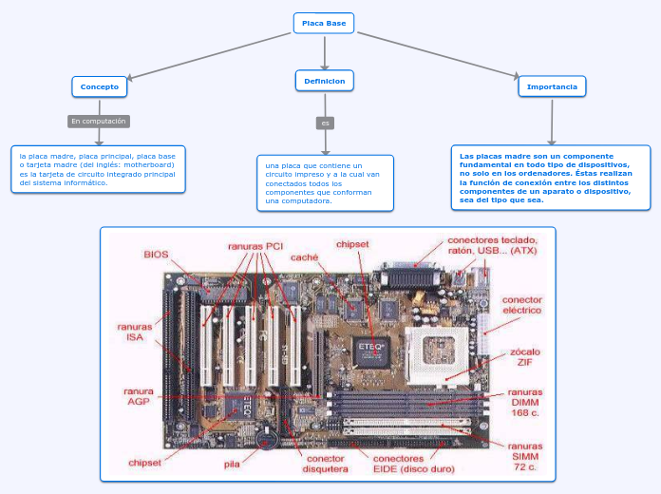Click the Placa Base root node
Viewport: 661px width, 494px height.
point(323,23)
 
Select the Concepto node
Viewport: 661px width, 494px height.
point(99,86)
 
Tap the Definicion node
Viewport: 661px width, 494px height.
point(325,81)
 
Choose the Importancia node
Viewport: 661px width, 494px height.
point(552,86)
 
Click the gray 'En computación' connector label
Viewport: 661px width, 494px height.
point(98,122)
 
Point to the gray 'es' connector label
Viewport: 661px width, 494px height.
point(325,123)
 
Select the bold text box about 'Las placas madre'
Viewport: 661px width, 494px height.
point(550,178)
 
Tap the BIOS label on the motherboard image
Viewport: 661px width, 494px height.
point(156,254)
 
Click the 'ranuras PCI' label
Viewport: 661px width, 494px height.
point(255,246)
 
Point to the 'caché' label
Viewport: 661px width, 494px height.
point(304,256)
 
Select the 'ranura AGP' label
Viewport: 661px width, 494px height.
point(139,395)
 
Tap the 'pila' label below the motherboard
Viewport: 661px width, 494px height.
point(232,465)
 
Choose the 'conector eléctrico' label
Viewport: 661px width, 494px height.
point(521,305)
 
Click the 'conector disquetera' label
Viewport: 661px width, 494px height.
point(325,463)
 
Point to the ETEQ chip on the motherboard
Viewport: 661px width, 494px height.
point(368,347)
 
